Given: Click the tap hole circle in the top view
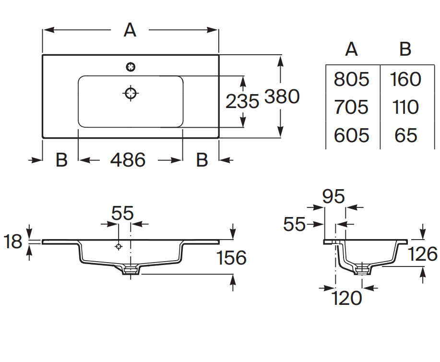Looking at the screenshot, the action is click(131, 67).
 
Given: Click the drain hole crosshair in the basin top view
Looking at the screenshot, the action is click(131, 93).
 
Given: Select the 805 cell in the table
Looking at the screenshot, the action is click(351, 79).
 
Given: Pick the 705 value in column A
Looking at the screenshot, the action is click(351, 107).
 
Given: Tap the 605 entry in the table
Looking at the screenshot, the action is click(351, 135).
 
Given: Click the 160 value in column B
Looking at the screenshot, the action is click(405, 79).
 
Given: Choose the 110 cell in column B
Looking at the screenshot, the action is click(405, 107).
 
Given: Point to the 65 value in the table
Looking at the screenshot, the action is click(406, 135).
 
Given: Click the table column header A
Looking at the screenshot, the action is click(351, 49).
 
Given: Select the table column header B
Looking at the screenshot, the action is click(405, 49).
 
